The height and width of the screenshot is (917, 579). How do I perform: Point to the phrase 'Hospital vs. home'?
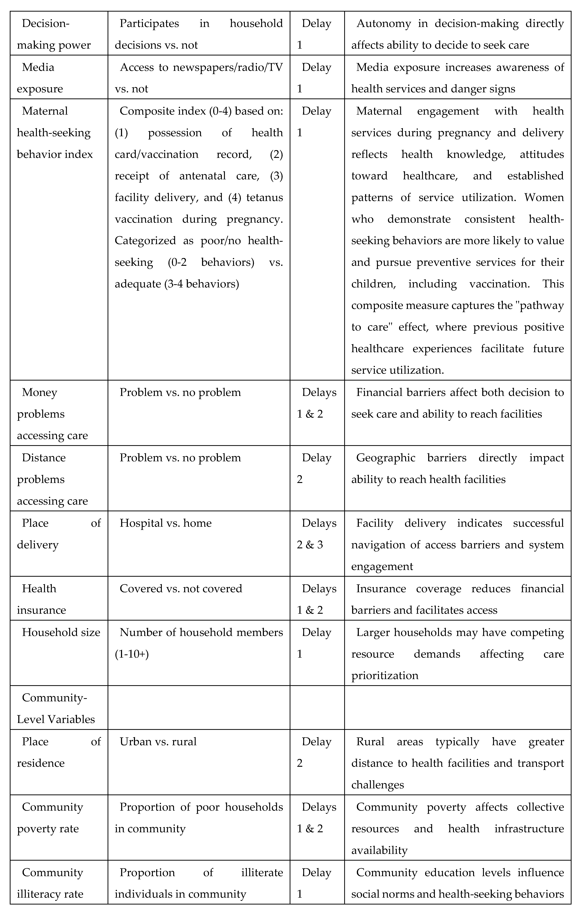pos(166,523)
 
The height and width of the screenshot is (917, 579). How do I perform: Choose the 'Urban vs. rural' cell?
pos(158,742)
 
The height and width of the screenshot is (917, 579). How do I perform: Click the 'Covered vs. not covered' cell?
pos(181,589)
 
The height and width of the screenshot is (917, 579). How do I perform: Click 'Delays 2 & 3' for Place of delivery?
pos(317,534)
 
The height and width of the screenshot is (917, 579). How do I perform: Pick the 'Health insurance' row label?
pos(41,599)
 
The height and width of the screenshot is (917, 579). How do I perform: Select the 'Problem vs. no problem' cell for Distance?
pos(180,458)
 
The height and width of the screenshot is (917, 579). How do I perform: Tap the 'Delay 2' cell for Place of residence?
pos(314,753)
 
